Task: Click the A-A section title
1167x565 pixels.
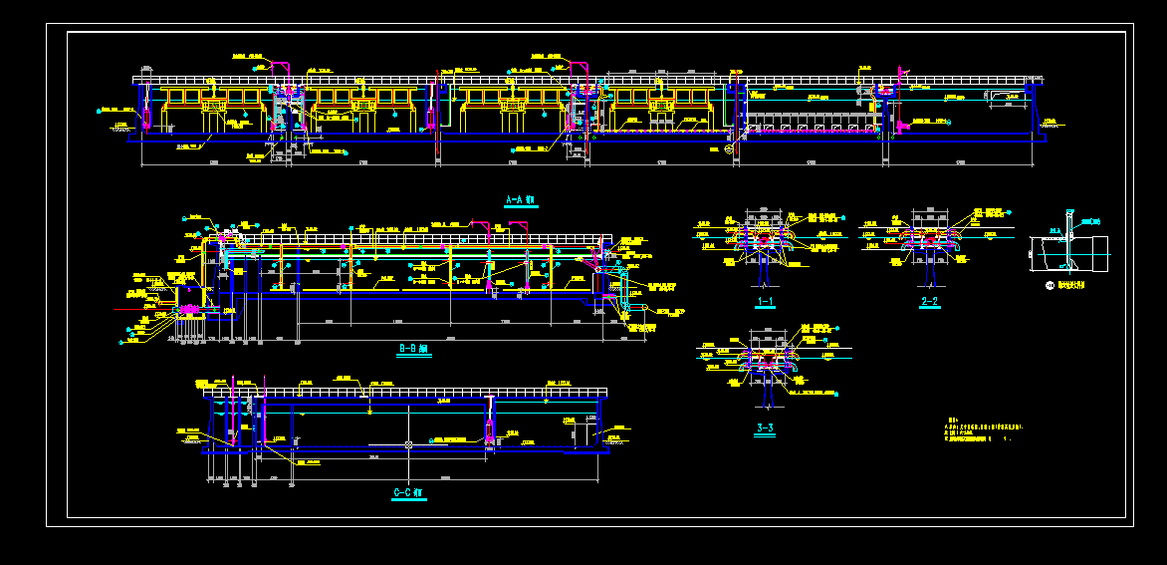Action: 520,200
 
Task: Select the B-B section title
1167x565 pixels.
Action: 411,349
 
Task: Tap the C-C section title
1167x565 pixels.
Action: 408,492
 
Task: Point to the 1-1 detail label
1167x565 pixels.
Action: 765,301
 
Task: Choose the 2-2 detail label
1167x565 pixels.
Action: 930,301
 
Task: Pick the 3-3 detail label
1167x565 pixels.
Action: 765,429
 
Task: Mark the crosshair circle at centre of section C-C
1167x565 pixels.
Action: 409,444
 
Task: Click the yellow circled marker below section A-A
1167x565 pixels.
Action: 728,149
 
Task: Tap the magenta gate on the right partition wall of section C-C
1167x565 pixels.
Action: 490,430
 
